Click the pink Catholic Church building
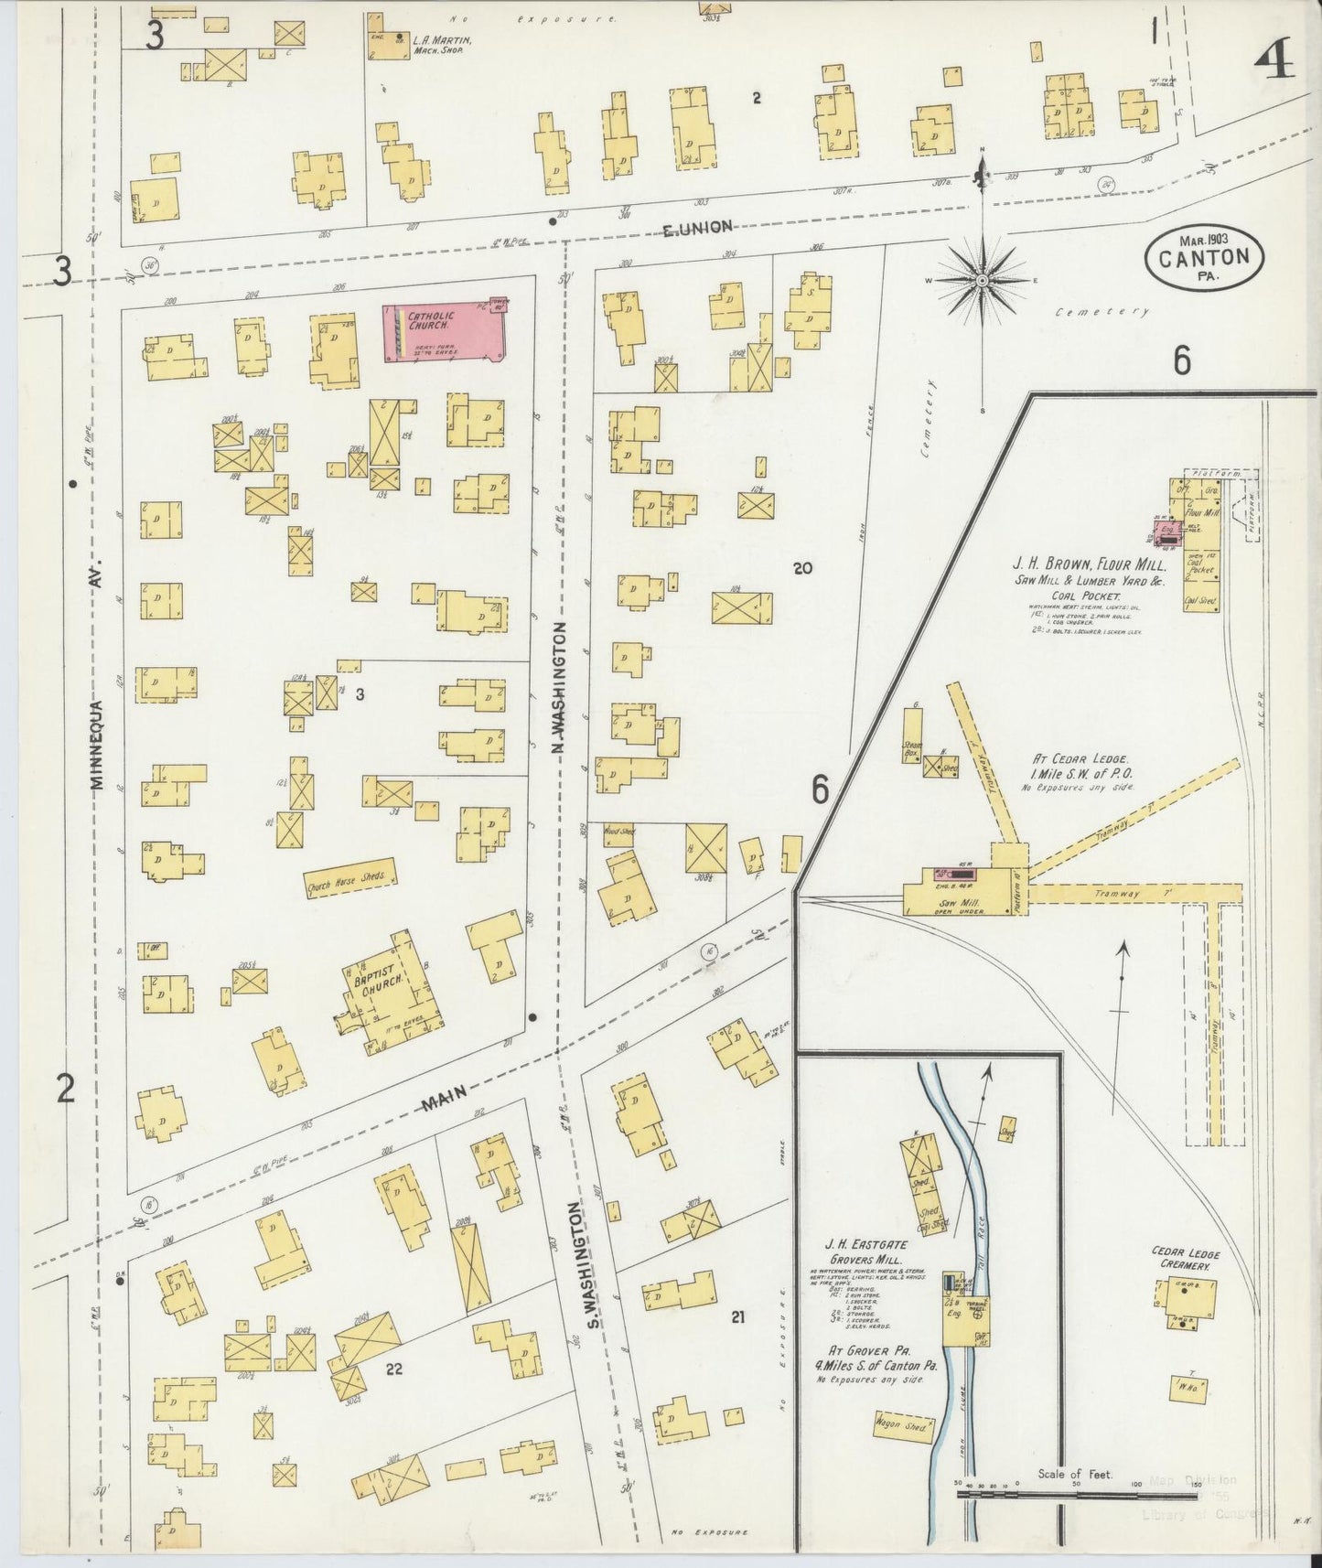pyautogui.click(x=445, y=333)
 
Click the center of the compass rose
pyautogui.click(x=982, y=280)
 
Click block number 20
pyautogui.click(x=803, y=568)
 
